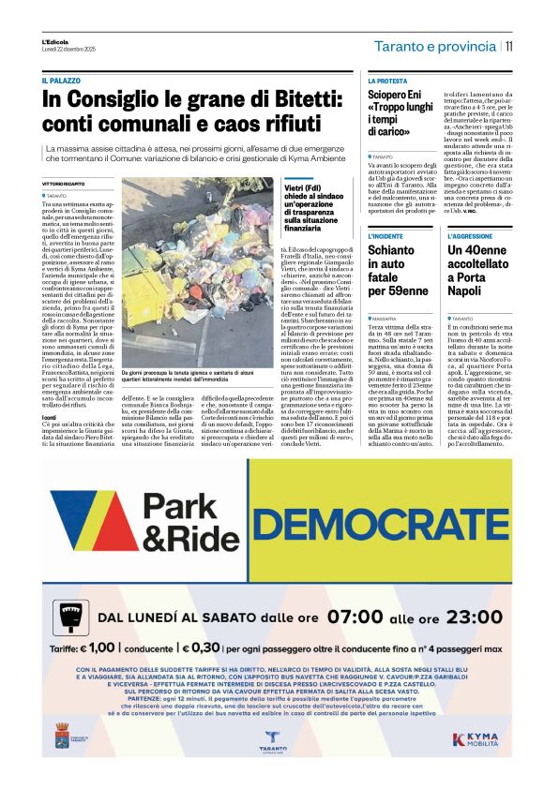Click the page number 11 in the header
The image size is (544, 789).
coord(509,46)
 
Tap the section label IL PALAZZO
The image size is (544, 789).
coord(61,82)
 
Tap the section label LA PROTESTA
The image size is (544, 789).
coord(387,82)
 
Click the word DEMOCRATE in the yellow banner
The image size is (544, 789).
coord(409,520)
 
